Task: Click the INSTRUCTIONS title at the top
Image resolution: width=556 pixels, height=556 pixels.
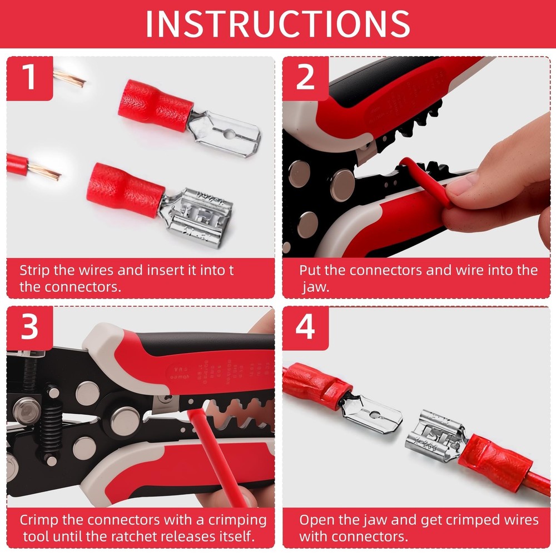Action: tap(278, 23)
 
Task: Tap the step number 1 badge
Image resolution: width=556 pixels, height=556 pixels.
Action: tap(29, 78)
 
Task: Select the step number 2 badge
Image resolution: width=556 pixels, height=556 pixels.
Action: tap(305, 78)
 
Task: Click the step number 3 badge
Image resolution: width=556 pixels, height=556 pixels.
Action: tap(29, 328)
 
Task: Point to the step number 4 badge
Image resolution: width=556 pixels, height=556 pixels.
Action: tap(305, 328)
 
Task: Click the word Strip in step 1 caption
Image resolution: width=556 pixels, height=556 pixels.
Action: tap(36, 271)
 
